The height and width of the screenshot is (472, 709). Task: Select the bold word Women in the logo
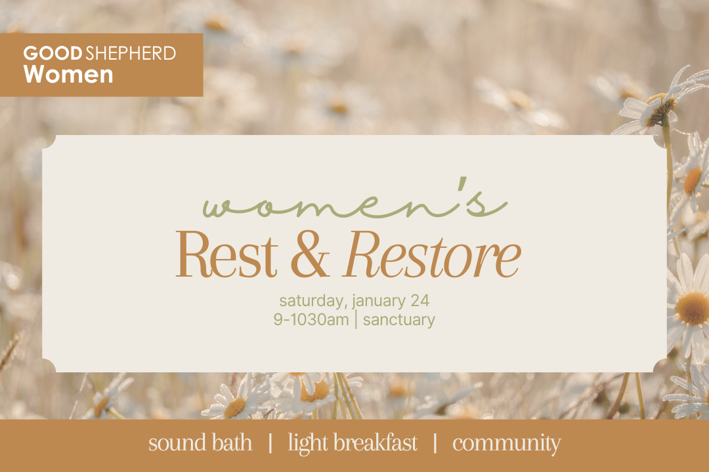[68, 74]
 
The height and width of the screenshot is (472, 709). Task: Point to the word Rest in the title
[226, 256]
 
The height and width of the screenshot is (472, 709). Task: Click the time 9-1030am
[311, 320]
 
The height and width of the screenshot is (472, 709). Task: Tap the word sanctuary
[398, 321]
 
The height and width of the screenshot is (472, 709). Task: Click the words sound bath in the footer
[200, 443]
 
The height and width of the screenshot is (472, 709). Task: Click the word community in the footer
[506, 443]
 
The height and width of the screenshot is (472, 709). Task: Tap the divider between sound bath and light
[270, 443]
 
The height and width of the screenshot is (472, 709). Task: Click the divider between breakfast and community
[435, 443]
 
